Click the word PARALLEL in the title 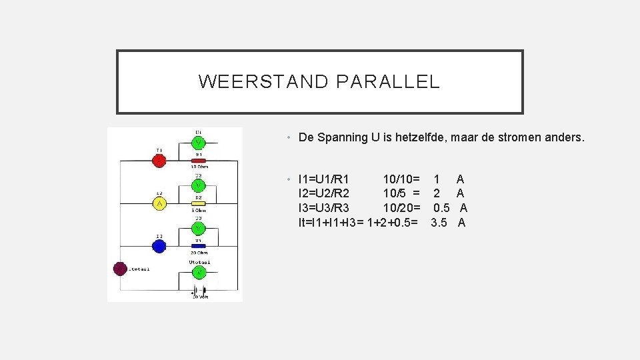point(388,82)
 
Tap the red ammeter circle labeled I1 point(159,161)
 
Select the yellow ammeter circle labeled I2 point(159,203)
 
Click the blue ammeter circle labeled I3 point(159,246)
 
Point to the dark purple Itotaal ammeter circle point(120,269)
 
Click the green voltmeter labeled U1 point(199,143)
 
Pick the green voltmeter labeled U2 point(199,185)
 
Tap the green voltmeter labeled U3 point(199,228)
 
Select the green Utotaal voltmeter point(199,271)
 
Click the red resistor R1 point(199,161)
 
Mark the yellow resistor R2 point(199,203)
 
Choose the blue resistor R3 point(199,246)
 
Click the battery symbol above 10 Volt point(199,290)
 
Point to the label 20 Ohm point(199,253)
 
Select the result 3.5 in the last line point(439,223)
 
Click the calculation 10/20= point(401,208)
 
